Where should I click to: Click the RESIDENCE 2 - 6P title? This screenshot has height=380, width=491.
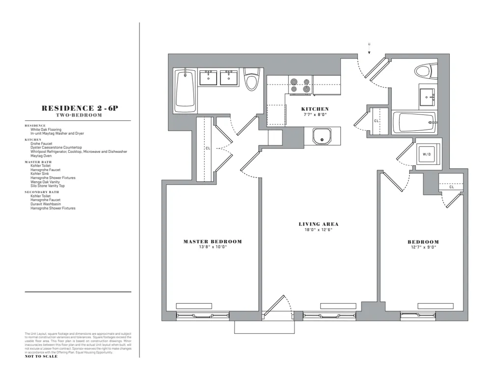tap(78, 108)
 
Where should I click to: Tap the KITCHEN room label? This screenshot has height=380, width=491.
tap(315, 109)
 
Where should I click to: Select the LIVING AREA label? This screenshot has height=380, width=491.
tap(319, 224)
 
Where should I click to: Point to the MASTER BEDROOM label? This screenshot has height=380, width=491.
tap(213, 241)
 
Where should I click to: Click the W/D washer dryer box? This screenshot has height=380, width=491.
tap(426, 154)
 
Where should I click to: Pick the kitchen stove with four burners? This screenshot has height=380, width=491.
tap(300, 85)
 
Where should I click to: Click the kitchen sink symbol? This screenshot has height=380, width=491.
tap(322, 136)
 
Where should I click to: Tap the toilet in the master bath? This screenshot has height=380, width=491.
tap(252, 80)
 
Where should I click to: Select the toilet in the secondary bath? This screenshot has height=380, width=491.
tap(425, 71)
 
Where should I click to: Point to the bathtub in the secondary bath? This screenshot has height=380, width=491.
tap(417, 122)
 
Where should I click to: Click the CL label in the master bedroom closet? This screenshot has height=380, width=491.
tap(208, 147)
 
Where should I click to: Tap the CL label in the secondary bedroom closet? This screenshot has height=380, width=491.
tap(451, 187)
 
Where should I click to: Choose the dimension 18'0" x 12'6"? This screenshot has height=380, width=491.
tap(319, 230)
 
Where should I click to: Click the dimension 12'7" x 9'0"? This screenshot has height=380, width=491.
tap(423, 247)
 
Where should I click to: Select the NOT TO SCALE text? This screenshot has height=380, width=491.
tap(41, 356)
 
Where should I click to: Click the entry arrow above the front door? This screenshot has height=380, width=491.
tap(369, 47)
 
